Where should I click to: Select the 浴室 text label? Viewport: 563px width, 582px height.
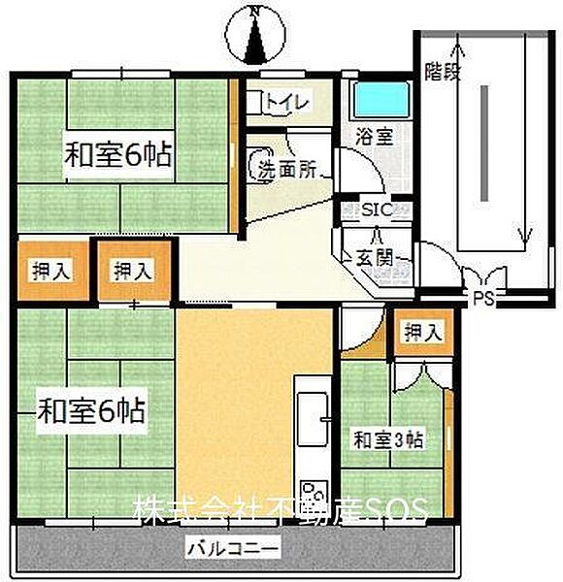(374, 137)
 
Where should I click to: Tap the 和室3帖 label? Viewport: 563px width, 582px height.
(387, 439)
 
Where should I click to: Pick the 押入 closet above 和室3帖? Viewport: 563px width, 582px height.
(422, 331)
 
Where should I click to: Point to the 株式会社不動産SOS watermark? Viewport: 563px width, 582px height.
(280, 510)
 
